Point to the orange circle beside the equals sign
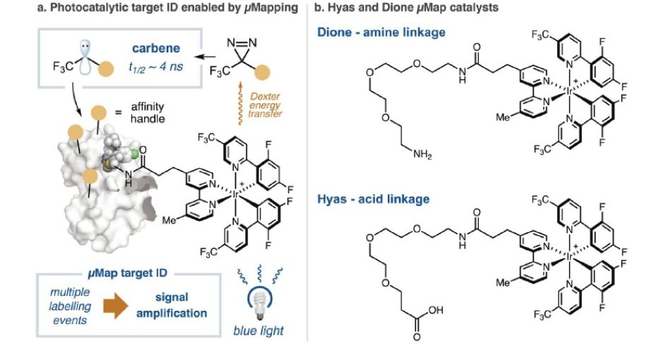point(100,112)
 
